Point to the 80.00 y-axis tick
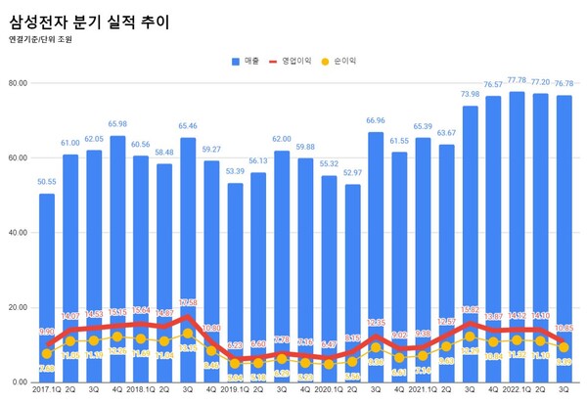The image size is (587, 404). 18,83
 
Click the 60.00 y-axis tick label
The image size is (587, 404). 18,157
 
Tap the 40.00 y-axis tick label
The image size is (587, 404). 18,233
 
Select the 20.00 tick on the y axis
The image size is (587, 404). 18,307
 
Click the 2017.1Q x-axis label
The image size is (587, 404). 46,392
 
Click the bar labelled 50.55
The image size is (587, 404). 47,284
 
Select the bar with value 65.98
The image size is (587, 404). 117,254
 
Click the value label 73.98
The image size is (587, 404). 470,95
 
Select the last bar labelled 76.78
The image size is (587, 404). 564,235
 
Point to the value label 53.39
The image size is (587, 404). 235,171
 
